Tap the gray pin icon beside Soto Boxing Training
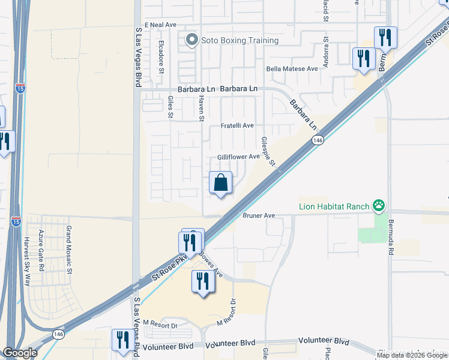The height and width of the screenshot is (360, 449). point(192,40)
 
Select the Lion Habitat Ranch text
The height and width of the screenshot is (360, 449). point(334,207)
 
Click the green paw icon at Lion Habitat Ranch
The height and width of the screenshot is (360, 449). point(379,207)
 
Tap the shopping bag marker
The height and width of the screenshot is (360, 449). point(221,182)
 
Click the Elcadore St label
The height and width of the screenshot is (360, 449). point(161,58)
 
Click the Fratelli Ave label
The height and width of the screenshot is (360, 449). point(237,125)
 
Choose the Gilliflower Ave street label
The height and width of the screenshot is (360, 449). point(238,157)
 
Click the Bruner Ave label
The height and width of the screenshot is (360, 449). point(259,215)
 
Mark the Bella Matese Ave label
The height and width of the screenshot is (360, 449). point(292,69)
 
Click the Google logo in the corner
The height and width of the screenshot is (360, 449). point(20,353)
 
